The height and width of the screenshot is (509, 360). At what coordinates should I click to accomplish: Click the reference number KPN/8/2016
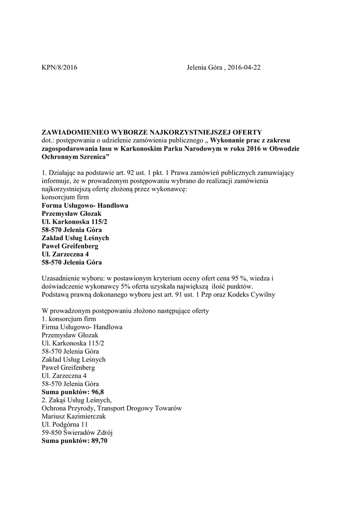pyautogui.click(x=60, y=67)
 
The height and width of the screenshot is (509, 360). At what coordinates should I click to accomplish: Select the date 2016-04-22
pyautogui.click(x=244, y=67)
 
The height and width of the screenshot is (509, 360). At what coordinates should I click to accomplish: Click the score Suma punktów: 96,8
pyautogui.click(x=73, y=392)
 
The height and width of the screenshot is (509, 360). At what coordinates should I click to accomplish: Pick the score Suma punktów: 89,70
pyautogui.click(x=75, y=440)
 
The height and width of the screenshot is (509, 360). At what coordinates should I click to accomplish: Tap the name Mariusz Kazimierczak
pyautogui.click(x=75, y=417)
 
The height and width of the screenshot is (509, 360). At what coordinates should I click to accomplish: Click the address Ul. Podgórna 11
pyautogui.click(x=65, y=424)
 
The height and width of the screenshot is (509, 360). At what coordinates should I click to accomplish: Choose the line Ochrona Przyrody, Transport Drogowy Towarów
pyautogui.click(x=112, y=409)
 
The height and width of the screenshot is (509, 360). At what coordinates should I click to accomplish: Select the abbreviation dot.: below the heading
pyautogui.click(x=48, y=141)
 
